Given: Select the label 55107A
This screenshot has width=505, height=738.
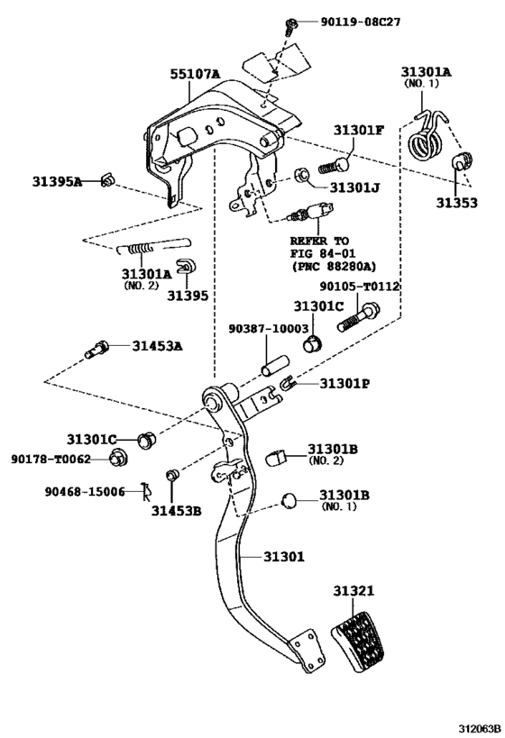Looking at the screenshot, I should [196, 76].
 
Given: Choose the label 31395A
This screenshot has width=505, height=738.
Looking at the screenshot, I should [57, 182].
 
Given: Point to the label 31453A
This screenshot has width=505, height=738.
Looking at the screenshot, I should [157, 345].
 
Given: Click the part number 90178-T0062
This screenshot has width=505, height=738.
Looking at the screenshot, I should [51, 459].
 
